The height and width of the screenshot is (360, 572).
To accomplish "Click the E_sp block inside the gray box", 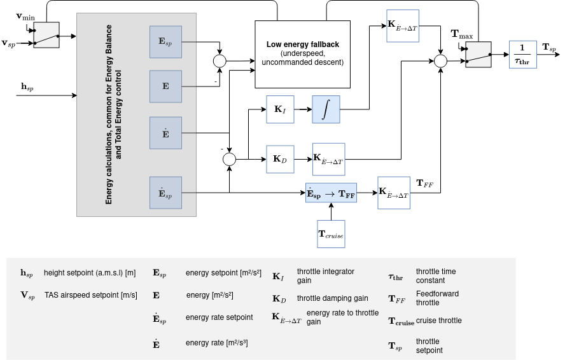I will point(165,42).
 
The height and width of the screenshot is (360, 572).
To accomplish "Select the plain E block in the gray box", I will point(165,87).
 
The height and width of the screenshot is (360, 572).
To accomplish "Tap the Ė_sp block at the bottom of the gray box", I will point(165,193).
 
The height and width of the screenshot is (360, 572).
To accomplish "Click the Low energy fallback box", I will point(302,54).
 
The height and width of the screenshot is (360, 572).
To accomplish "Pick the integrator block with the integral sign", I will point(326,109).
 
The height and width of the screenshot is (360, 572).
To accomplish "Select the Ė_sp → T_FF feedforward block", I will point(331,193).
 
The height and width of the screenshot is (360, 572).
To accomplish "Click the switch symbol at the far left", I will point(46,35).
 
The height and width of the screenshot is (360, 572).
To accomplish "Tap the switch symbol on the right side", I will point(478,55).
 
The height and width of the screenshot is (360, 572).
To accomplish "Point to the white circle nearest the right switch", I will point(440,61).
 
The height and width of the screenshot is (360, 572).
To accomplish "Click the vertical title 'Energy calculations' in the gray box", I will point(113,114).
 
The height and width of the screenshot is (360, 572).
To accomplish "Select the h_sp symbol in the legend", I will point(26,273).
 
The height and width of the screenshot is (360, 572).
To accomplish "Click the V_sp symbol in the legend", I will point(27,295).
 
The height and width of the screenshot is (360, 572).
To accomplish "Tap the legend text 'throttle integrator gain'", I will point(325,276).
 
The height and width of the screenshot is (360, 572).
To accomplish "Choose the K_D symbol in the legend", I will point(279,299).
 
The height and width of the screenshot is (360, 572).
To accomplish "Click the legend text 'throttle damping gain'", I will point(332,298).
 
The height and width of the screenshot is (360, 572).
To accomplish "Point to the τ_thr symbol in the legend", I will point(395,277).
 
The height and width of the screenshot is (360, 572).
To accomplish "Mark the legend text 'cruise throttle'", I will point(438,321).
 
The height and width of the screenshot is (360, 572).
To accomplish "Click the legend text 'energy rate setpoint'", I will point(219,317).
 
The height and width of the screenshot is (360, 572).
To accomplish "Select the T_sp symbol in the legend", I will point(395,346).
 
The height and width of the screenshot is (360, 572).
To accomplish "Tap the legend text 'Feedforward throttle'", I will point(436,298).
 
